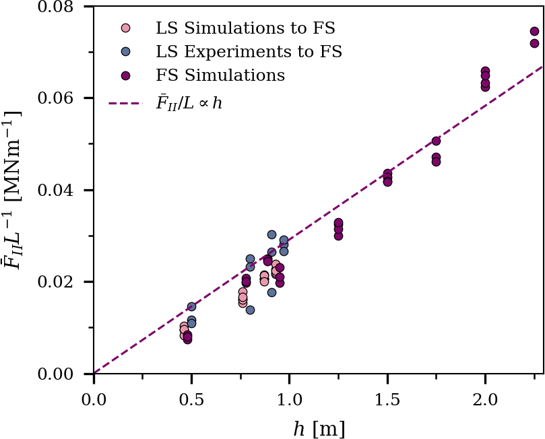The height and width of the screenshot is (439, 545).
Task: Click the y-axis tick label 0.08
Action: click(59, 7)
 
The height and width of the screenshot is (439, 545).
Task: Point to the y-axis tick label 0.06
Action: click(59, 98)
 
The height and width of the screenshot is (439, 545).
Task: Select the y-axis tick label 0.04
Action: click(59, 191)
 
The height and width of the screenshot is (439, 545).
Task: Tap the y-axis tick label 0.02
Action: click(59, 282)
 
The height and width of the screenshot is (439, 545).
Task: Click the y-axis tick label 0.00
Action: click(59, 374)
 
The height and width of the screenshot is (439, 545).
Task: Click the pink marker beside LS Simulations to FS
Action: click(125, 29)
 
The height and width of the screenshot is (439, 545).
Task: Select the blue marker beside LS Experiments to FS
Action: click(125, 52)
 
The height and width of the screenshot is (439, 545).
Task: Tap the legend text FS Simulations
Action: click(220, 75)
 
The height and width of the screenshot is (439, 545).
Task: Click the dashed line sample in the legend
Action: click(125, 103)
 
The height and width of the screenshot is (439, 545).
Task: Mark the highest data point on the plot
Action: click(534, 31)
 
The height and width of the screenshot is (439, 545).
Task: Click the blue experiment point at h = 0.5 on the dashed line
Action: click(191, 307)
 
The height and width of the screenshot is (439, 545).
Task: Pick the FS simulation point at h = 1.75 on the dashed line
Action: click(436, 141)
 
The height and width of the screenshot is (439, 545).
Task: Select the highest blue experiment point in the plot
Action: click(271, 235)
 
